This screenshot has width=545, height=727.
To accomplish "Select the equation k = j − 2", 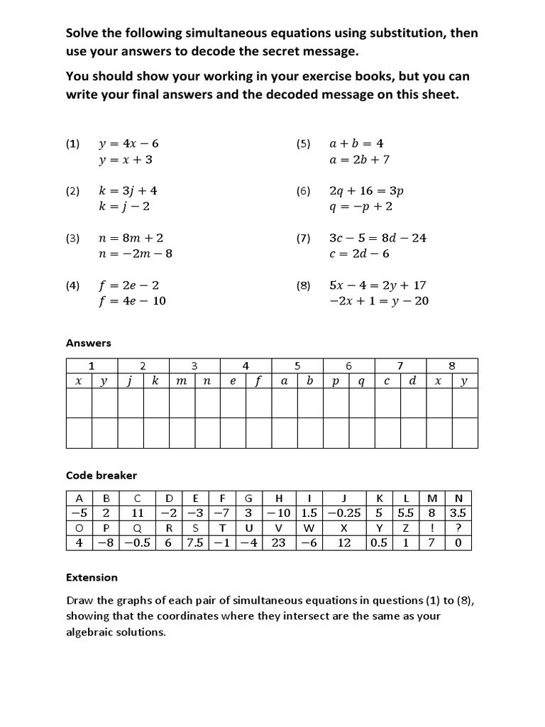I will tap(124, 207).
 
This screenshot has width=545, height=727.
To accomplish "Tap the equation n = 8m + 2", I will tap(135, 238).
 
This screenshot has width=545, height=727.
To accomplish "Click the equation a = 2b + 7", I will tap(359, 160).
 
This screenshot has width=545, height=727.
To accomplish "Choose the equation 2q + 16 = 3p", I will tap(366, 191).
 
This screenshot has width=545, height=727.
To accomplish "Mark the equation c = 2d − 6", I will tap(359, 254).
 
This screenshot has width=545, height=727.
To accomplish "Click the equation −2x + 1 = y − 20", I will tap(378, 301).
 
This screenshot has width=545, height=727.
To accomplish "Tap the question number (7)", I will tap(304, 239).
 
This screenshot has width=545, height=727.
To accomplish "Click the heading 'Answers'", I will tap(89, 343).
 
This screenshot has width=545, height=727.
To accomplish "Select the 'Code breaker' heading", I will tap(101, 475).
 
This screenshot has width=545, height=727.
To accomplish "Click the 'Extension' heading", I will tap(92, 577).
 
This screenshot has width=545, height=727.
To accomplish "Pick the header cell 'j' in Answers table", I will tap(130, 381).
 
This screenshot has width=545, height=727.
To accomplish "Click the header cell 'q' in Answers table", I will tap(361, 381).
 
